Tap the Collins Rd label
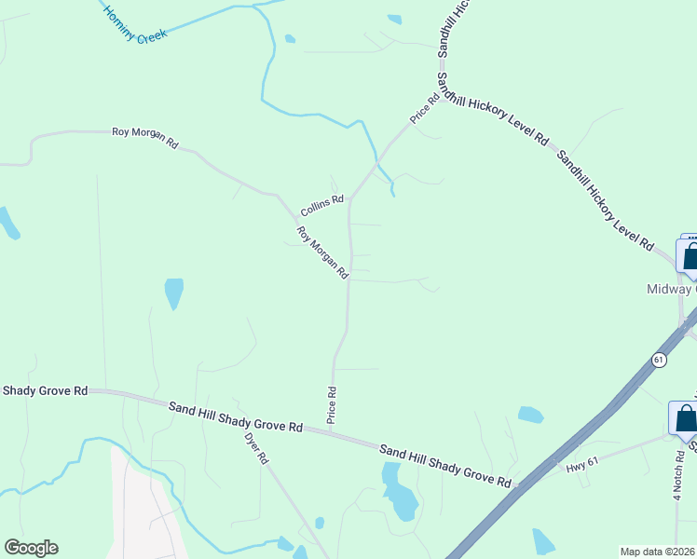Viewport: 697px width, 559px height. pyautogui.click(x=322, y=199)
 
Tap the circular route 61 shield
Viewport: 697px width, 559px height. pyautogui.click(x=659, y=360)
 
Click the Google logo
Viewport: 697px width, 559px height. pyautogui.click(x=31, y=548)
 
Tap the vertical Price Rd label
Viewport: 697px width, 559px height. pyautogui.click(x=331, y=405)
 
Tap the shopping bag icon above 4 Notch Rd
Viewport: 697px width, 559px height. pyautogui.click(x=685, y=418)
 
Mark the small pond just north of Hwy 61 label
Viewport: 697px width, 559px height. pyautogui.click(x=530, y=415)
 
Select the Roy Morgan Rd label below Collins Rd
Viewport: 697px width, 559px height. pyautogui.click(x=322, y=252)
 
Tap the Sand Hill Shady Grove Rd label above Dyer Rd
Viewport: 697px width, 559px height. pyautogui.click(x=236, y=416)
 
